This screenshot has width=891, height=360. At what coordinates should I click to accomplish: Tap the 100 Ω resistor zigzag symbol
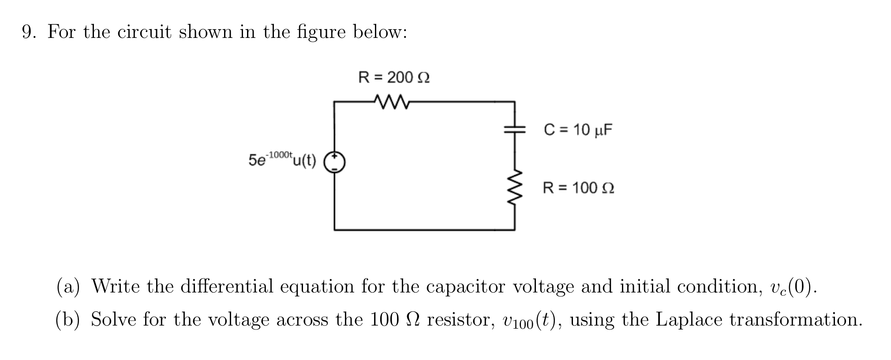pyautogui.click(x=515, y=187)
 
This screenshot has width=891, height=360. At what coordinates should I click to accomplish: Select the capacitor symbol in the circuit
pyautogui.click(x=515, y=129)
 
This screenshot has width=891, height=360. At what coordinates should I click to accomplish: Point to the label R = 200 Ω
pyautogui.click(x=394, y=78)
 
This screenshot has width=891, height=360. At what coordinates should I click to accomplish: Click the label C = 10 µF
pyautogui.click(x=578, y=130)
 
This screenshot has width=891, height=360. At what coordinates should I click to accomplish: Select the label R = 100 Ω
pyautogui.click(x=578, y=188)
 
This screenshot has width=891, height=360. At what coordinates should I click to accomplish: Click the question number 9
pyautogui.click(x=29, y=32)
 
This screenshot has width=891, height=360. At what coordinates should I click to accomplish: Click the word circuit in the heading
pyautogui.click(x=144, y=32)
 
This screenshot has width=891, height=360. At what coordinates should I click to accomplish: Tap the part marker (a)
pyautogui.click(x=68, y=287)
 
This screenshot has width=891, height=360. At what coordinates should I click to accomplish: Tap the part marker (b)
pyautogui.click(x=68, y=319)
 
